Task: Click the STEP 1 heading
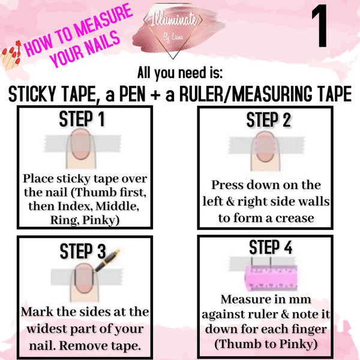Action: pos(82,119)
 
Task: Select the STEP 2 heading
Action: pos(269,120)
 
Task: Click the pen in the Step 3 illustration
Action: pos(110,262)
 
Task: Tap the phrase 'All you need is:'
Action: pos(180,73)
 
